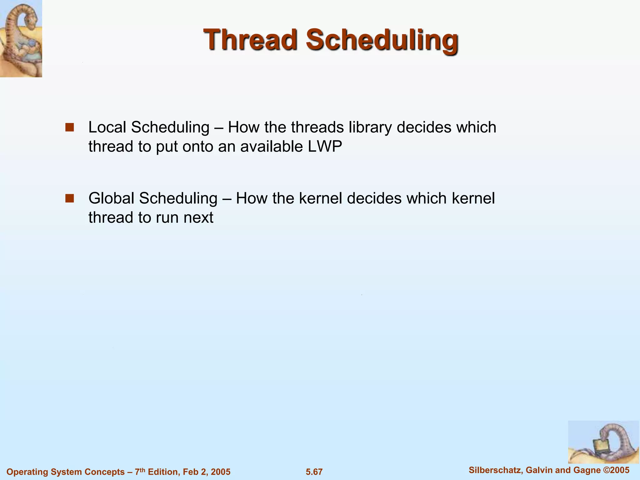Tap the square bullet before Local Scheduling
(x=69, y=127)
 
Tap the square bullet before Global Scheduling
(x=69, y=198)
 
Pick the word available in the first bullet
(x=272, y=147)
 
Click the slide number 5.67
(x=314, y=472)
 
